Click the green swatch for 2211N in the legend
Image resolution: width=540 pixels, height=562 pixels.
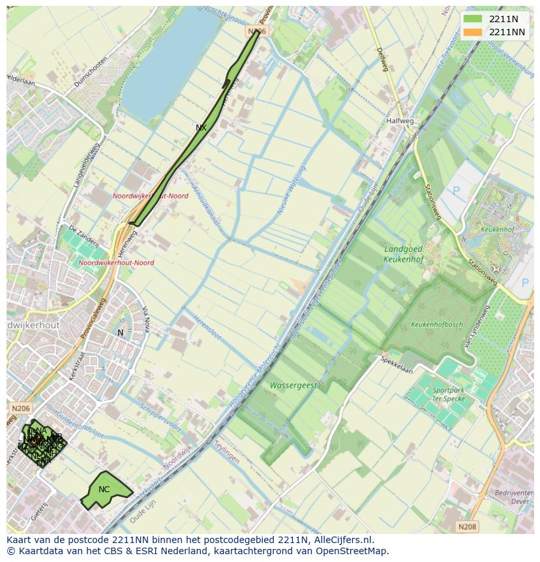[473, 19]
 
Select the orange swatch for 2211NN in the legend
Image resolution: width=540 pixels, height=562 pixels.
[473, 32]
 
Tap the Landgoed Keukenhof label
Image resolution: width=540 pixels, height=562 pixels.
[403, 254]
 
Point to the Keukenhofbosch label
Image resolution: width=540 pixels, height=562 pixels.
[436, 324]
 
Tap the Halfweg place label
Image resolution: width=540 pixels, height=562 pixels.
[400, 121]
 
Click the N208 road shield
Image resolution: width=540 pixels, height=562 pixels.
[466, 526]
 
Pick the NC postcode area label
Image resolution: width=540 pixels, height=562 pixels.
[104, 490]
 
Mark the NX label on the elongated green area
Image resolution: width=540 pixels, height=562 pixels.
[201, 128]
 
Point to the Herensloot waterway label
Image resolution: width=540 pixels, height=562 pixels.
[207, 328]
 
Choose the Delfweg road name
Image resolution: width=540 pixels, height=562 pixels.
[382, 59]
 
